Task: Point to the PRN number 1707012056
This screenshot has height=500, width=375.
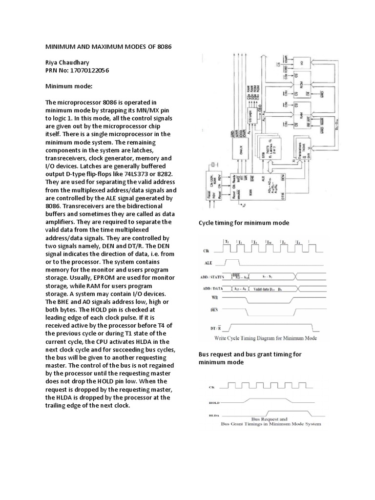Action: coord(89,71)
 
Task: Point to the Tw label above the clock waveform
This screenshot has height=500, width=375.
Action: coord(270,242)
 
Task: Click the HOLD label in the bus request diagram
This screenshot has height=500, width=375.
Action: coord(213,403)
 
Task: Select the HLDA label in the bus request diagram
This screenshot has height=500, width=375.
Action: coord(213,417)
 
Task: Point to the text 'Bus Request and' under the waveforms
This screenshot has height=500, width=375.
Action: coord(269,418)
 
